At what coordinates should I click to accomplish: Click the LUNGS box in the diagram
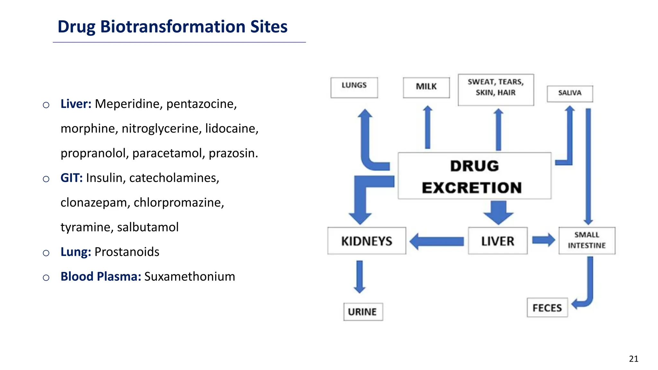(354, 87)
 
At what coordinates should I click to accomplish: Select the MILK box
(426, 87)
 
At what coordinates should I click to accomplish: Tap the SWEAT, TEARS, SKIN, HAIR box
(496, 90)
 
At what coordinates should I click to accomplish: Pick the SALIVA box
(570, 93)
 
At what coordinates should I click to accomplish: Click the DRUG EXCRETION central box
(475, 176)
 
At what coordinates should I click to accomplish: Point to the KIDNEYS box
(367, 241)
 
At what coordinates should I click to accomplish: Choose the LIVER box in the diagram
(497, 241)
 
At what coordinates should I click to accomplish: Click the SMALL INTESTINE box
(587, 241)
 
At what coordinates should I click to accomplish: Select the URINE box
(363, 312)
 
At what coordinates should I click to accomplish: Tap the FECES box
(547, 308)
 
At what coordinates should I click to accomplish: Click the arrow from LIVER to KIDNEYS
(437, 241)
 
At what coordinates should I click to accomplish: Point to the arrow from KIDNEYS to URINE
(360, 276)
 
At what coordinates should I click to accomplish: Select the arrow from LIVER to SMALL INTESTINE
(543, 240)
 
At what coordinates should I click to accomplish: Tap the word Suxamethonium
(190, 277)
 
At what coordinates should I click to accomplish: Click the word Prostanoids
(127, 252)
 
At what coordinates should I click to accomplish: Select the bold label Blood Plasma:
(101, 277)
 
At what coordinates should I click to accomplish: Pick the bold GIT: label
(72, 178)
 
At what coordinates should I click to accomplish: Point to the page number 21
(634, 359)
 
